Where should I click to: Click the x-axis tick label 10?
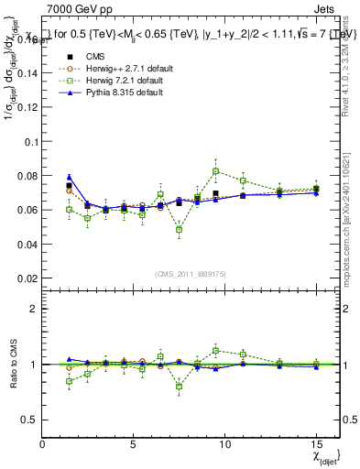224,444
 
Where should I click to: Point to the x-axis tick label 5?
134,444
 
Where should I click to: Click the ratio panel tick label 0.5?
29,420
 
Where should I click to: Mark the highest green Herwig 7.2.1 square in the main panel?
216,171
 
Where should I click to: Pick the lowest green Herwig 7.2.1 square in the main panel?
180,230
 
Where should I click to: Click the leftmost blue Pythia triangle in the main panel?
70,177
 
